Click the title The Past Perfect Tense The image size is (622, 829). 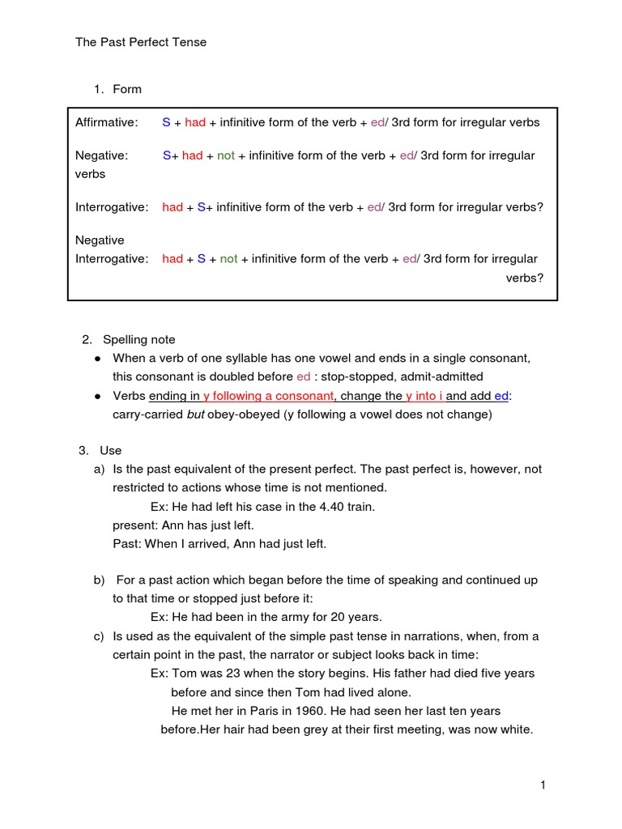(141, 42)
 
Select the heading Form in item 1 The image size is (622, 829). (127, 89)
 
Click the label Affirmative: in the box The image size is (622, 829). (106, 123)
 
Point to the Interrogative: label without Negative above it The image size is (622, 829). (112, 207)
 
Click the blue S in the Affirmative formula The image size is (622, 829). (166, 123)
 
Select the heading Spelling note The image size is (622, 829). (138, 339)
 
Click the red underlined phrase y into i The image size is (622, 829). (424, 396)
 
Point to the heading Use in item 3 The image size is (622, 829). (111, 450)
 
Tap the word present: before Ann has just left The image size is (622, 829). (134, 525)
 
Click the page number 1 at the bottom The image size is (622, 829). (543, 785)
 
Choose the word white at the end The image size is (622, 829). (516, 729)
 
